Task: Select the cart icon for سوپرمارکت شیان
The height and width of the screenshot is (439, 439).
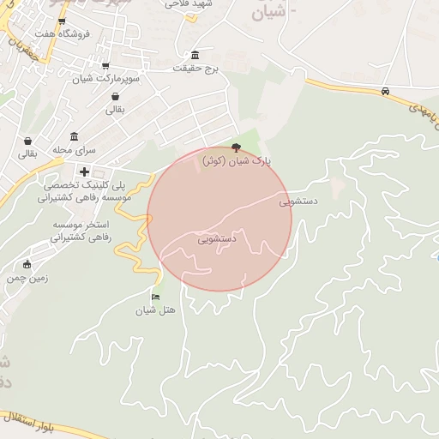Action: coord(105,66)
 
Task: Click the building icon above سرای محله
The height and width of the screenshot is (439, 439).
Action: coord(75,136)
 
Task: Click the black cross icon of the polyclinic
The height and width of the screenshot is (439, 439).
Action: coord(84,171)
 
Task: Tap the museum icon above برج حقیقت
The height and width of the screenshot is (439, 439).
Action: coord(195,54)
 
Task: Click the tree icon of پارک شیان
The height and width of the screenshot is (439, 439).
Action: coord(237,147)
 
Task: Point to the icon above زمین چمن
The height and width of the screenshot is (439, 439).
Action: coord(28,264)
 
